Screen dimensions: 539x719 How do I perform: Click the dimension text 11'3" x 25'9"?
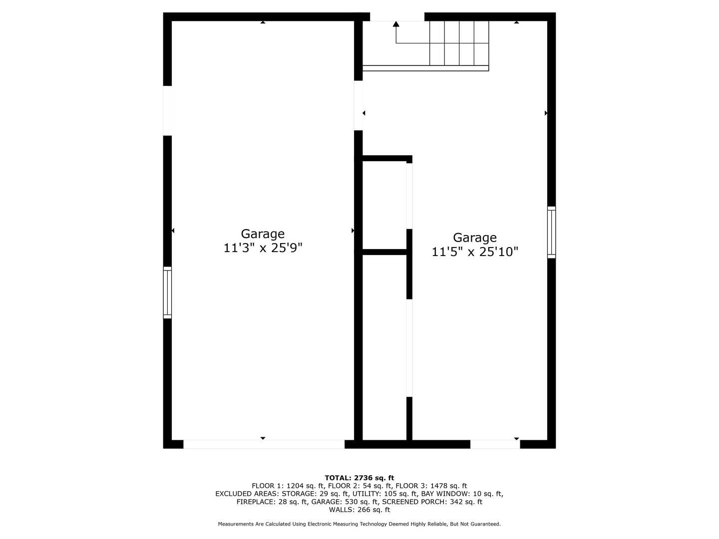pyautogui.click(x=263, y=248)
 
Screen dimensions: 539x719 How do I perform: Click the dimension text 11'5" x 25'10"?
pyautogui.click(x=475, y=252)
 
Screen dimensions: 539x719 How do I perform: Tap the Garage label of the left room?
pyautogui.click(x=263, y=234)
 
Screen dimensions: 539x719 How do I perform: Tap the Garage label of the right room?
pyautogui.click(x=475, y=238)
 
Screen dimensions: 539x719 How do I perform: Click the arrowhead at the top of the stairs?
pyautogui.click(x=396, y=24)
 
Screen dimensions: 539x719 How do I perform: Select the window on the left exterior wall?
pyautogui.click(x=167, y=292)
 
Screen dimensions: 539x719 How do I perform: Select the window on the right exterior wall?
pyautogui.click(x=551, y=232)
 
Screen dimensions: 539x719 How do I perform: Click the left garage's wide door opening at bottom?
pyautogui.click(x=264, y=444)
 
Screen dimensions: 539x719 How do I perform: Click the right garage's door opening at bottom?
pyautogui.click(x=495, y=444)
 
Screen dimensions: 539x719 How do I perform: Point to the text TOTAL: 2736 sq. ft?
pyautogui.click(x=359, y=478)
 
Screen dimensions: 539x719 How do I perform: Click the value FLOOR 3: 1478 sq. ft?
pyautogui.click(x=431, y=486)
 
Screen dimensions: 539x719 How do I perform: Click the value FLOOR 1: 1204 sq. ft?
pyautogui.click(x=288, y=486)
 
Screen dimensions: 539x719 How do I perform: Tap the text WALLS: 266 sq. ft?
pyautogui.click(x=359, y=510)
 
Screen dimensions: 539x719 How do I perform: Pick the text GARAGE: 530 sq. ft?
pyautogui.click(x=345, y=502)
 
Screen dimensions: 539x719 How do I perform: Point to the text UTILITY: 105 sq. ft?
pyautogui.click(x=388, y=494)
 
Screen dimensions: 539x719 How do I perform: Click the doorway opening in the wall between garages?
pyautogui.click(x=359, y=105)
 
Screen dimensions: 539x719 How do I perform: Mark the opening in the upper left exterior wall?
pyautogui.click(x=168, y=110)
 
